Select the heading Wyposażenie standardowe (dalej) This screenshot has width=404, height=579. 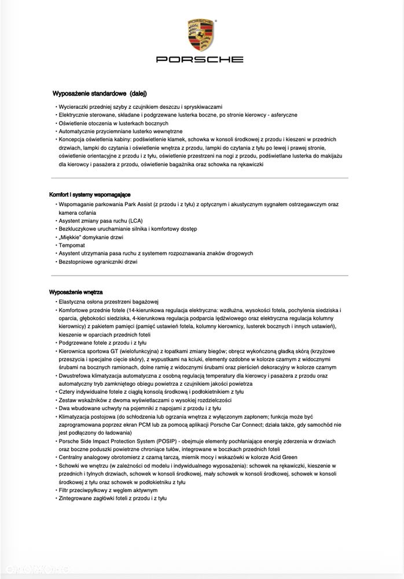100,93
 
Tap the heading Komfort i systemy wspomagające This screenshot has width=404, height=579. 90,195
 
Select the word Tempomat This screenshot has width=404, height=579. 72,245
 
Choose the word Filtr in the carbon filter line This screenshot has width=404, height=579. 64,490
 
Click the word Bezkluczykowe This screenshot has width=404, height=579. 80,229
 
